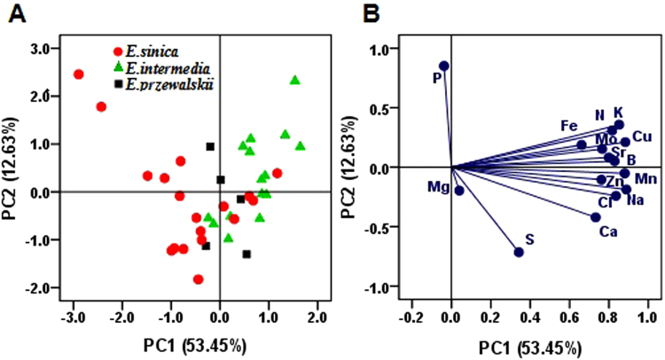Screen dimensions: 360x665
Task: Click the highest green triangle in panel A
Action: coord(295,81)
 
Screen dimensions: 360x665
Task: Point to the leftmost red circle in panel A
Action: coord(78,74)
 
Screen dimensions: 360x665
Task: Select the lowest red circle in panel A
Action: coord(199,279)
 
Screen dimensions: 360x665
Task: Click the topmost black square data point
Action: coord(210,146)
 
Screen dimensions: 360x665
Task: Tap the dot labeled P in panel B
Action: coord(444,66)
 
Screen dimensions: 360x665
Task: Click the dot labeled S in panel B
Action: coord(519,252)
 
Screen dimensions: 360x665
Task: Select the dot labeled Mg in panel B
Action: coord(459,190)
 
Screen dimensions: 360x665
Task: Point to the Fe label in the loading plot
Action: coord(569,126)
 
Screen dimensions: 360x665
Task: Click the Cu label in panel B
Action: coord(643,136)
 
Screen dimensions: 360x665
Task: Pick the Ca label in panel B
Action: coord(608,233)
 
